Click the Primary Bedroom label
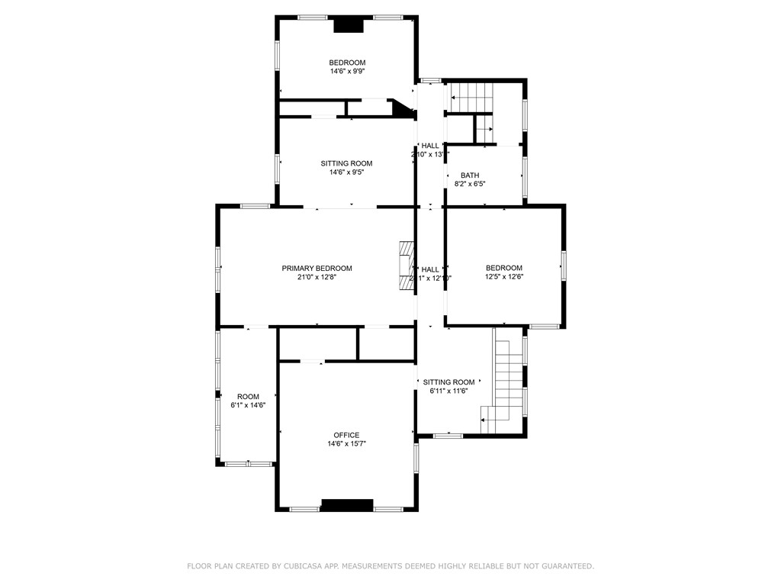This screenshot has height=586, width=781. pos(317,268)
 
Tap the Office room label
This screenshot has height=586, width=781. pos(346,435)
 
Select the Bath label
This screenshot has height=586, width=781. pos(470,175)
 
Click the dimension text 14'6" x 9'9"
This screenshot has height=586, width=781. pos(347,72)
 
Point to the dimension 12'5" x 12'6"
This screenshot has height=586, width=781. pos(504,277)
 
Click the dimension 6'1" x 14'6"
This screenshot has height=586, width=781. pos(248,405)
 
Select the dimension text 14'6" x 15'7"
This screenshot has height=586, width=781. pos(347,444)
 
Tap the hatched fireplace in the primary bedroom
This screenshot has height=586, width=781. pos(405,266)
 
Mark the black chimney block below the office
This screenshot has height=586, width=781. pos(347,504)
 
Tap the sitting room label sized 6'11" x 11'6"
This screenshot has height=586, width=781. pos(448,382)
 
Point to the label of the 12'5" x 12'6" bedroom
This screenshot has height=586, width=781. pos(504,268)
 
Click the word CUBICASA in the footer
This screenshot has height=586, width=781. pos(292,566)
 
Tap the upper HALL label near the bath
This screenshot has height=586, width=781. pos(430,146)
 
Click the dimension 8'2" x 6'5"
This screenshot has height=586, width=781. pos(470,184)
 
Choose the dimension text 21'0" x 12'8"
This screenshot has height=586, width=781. pos(317,277)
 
